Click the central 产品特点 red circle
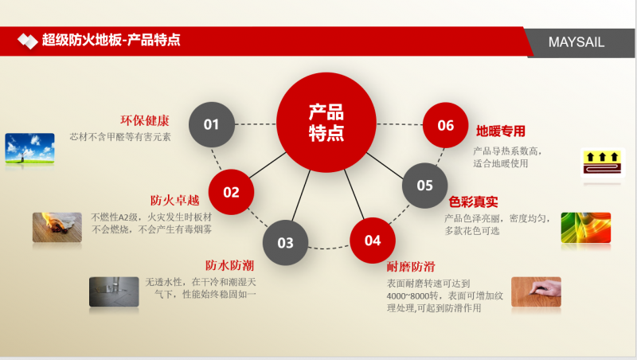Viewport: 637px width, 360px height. [326, 123]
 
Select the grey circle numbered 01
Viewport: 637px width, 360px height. [212, 124]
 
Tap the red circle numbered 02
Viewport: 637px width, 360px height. [231, 192]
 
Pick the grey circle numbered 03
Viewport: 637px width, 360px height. [285, 243]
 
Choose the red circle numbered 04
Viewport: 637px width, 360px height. [373, 241]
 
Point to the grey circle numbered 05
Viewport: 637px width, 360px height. [425, 186]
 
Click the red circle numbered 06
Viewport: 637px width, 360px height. [446, 125]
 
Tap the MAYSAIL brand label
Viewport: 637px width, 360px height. [576, 42]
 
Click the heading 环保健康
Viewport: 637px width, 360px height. [145, 120]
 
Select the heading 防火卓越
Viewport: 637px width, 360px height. [174, 201]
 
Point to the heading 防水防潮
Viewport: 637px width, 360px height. [229, 265]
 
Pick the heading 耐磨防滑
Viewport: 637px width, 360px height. [411, 267]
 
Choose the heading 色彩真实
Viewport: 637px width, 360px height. [473, 202]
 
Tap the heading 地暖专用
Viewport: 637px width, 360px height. [501, 131]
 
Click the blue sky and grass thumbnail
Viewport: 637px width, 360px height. [29, 148]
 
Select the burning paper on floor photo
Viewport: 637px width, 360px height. [57, 227]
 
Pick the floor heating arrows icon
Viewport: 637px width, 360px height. [603, 162]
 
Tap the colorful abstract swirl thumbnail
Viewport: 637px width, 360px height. [586, 228]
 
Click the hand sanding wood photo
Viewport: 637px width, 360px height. [536, 292]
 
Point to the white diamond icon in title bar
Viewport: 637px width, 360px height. [28, 41]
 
